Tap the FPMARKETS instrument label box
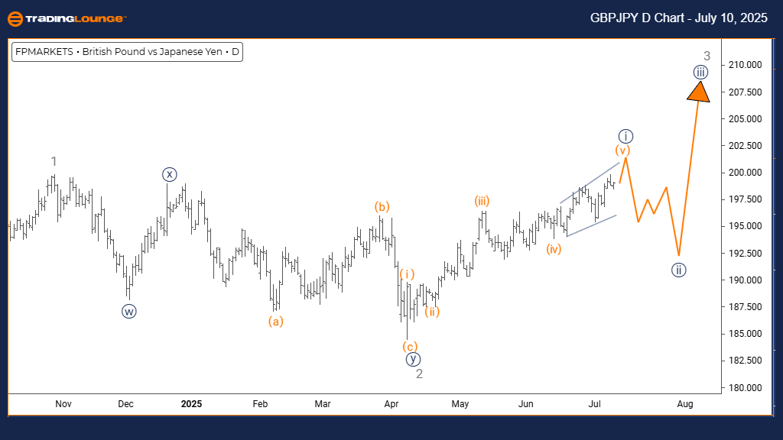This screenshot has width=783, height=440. [127, 53]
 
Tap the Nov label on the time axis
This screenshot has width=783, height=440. [63, 403]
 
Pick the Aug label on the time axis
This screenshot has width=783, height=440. [685, 403]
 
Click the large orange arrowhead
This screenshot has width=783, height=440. [698, 91]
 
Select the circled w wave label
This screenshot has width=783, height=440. [128, 311]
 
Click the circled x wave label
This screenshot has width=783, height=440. [169, 174]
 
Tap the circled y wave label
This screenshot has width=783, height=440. [413, 359]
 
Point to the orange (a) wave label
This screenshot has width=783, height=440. [276, 322]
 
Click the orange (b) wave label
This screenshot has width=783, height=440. [382, 206]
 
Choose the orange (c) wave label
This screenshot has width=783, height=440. [410, 346]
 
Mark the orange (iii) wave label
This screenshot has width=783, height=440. [481, 202]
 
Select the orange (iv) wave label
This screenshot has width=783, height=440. [554, 248]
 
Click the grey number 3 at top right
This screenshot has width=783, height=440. [707, 56]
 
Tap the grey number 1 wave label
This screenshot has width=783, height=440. [54, 161]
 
